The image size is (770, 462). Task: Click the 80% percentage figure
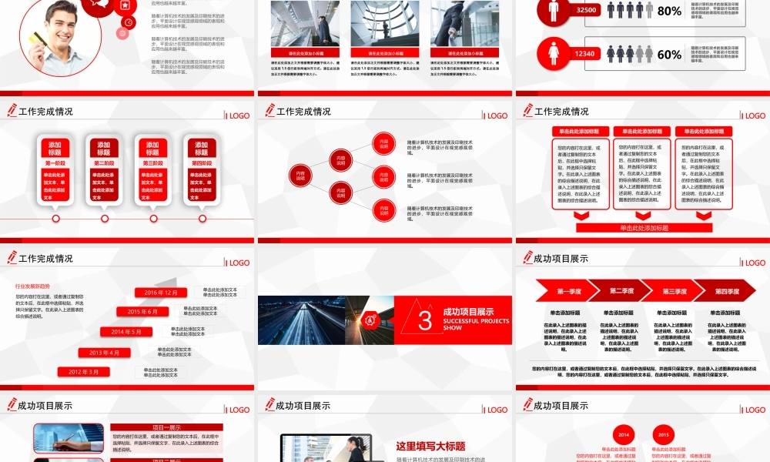[669, 11]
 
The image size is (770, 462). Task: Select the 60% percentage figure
[669, 55]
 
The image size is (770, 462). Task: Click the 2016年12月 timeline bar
[161, 293]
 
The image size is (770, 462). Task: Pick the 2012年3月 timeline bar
[83, 372]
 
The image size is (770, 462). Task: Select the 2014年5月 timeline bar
[126, 332]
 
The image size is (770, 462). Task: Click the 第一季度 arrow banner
[568, 291]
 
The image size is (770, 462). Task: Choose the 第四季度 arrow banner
[725, 291]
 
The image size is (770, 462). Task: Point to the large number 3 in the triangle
[425, 321]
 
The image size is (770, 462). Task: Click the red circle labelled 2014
[624, 434]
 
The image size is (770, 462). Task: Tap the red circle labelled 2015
[664, 434]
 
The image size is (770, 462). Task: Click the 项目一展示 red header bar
[166, 427]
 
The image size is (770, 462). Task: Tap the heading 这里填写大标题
[430, 446]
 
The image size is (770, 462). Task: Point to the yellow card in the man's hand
[35, 37]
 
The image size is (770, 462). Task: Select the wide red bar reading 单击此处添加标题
[644, 228]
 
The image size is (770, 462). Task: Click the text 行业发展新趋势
[32, 286]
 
